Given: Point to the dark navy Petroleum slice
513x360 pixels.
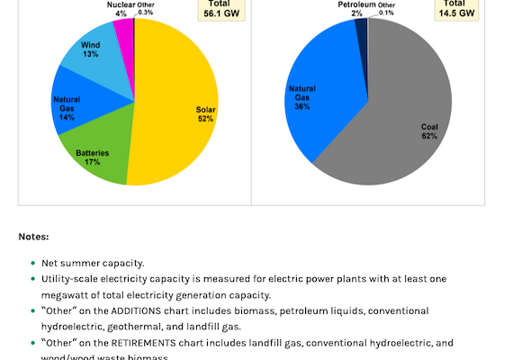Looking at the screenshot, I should (361, 29).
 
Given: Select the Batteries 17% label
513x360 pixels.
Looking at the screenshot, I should (92, 158).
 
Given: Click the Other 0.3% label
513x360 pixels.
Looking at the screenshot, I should (146, 8).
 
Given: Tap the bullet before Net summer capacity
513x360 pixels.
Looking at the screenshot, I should (33, 263).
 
